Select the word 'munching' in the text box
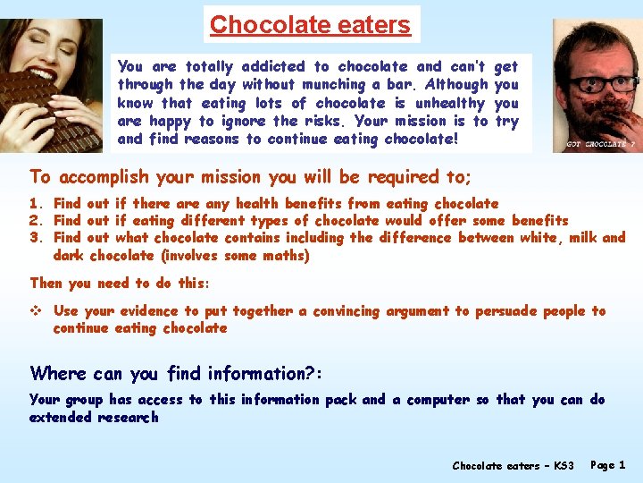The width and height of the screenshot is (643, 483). tap(308, 84)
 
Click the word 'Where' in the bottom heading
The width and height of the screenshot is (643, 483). tap(57, 373)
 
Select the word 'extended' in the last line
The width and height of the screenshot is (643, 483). tap(63, 418)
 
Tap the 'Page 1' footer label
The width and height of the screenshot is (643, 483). tap(608, 466)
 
